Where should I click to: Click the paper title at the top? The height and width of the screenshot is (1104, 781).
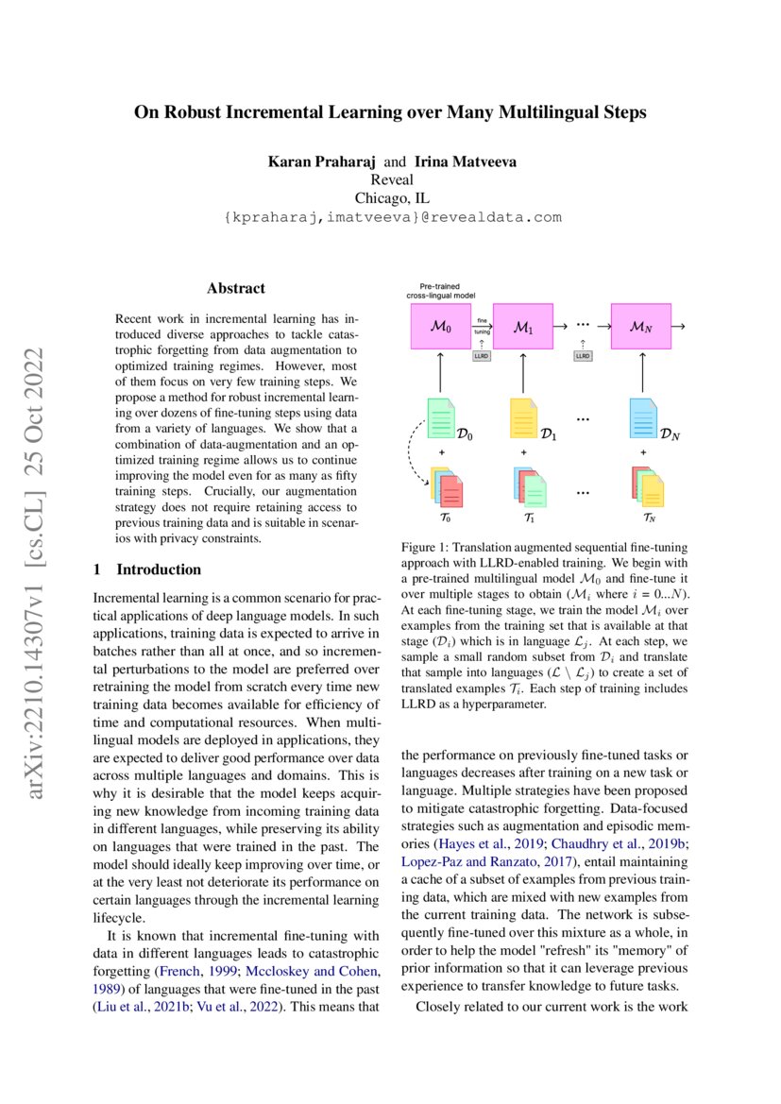tap(390, 113)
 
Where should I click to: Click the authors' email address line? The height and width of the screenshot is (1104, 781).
tap(391, 217)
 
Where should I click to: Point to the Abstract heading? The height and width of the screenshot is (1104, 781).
tap(236, 288)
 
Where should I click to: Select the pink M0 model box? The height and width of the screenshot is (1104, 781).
tap(440, 327)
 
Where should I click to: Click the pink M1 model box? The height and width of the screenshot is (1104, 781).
tap(522, 327)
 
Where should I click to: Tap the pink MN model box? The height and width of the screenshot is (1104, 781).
tap(640, 327)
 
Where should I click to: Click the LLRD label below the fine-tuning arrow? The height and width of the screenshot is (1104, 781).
tap(481, 356)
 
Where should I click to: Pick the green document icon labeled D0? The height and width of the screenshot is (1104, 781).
tap(441, 418)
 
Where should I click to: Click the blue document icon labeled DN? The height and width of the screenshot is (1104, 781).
tap(642, 418)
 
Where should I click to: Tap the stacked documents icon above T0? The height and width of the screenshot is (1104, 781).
tap(446, 488)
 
